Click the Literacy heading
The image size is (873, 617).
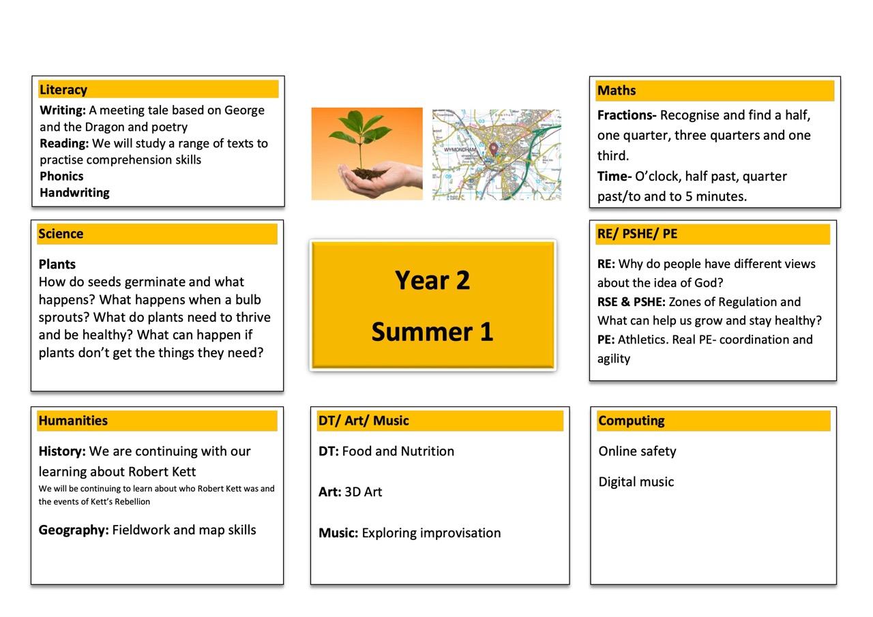(63, 90)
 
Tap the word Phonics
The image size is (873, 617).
(61, 177)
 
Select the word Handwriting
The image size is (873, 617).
(74, 193)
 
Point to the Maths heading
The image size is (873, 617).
(617, 91)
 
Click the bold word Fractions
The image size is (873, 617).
(626, 115)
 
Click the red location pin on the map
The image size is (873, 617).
(493, 149)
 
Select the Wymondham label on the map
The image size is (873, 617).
(460, 150)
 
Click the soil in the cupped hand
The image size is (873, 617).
(369, 173)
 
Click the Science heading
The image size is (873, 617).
(61, 234)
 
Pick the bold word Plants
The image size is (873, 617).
(57, 265)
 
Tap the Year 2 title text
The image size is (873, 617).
(432, 280)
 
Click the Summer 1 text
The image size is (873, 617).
(432, 332)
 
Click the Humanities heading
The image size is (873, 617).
(73, 421)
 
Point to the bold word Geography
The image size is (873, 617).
(74, 530)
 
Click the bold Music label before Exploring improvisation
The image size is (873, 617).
(338, 533)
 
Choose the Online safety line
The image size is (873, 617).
(637, 451)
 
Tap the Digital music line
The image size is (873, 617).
(636, 482)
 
